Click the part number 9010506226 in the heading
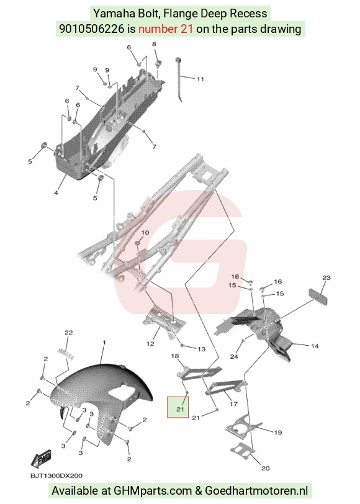tap(92, 29)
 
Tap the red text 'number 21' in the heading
tap(166, 29)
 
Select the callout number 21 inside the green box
tap(180, 409)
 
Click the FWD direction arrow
tap(41, 458)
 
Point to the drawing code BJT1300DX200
tap(56, 475)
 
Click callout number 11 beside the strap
tap(200, 79)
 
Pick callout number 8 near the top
tap(154, 44)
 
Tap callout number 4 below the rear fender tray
tap(56, 193)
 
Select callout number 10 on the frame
tap(145, 232)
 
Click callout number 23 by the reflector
tap(326, 277)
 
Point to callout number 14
tap(315, 346)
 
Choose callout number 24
tap(234, 356)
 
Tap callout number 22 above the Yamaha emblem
tap(69, 333)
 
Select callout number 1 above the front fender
tap(104, 343)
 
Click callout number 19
tap(277, 433)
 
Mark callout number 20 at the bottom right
tap(265, 469)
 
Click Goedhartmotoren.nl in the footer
tap(256, 491)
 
